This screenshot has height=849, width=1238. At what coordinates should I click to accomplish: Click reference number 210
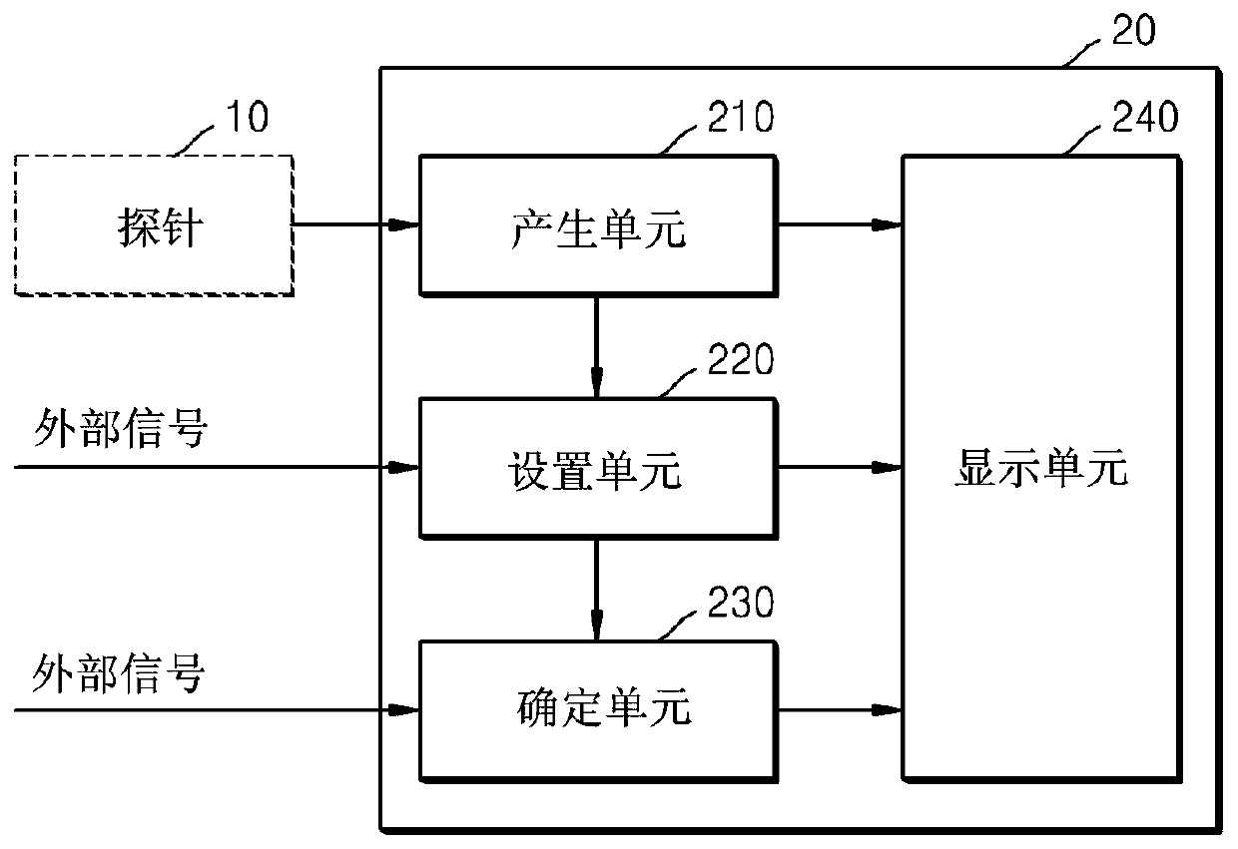click(x=741, y=117)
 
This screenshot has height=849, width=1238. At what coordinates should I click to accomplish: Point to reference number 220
click(x=741, y=359)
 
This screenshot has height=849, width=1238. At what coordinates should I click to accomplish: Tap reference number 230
click(x=741, y=603)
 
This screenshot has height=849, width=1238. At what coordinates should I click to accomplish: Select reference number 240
click(x=1145, y=117)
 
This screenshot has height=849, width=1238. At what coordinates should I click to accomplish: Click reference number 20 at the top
click(x=1133, y=30)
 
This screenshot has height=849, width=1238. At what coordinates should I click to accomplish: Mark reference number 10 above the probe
click(x=248, y=117)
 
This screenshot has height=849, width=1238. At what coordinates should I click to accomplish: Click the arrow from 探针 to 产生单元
click(x=355, y=224)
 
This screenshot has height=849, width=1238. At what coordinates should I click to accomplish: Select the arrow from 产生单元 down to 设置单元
click(x=597, y=347)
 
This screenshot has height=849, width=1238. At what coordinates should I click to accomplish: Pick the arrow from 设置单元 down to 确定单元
click(x=597, y=590)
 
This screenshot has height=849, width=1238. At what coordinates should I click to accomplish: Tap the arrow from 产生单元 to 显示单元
click(x=840, y=224)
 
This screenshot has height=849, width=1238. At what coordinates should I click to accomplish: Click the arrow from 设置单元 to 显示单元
click(x=840, y=468)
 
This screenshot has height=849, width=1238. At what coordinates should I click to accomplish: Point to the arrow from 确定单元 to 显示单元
click(x=840, y=710)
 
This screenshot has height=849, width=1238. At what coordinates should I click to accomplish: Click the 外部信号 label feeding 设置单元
click(x=121, y=428)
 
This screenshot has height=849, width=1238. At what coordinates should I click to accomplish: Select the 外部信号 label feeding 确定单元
click(x=119, y=673)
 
